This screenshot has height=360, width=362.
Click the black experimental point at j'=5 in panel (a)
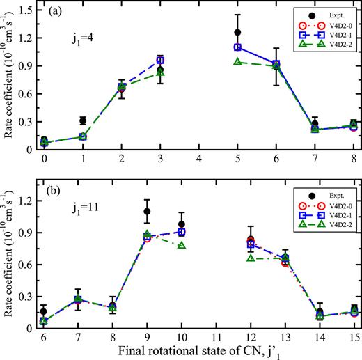pos(237,32)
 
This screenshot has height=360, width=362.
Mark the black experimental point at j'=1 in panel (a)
pos(83,120)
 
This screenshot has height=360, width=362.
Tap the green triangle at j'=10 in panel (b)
pos(182,246)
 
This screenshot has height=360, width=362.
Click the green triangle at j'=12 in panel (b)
pos(251,258)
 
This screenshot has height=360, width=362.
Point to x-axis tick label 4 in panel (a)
pos(199,159)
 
